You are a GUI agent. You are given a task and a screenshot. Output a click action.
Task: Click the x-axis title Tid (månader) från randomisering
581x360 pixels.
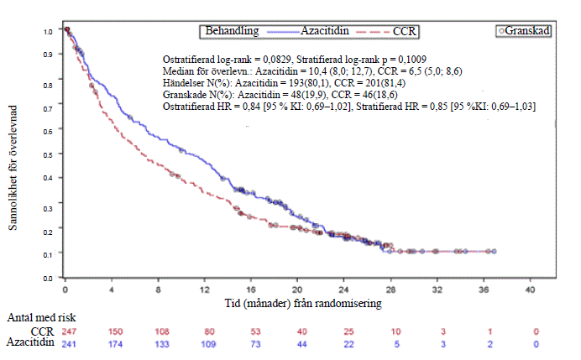coord(298,301)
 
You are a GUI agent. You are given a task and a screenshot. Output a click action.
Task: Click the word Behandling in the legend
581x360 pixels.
coord(233,31)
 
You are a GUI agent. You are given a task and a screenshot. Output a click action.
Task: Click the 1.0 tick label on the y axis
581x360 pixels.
coord(48,31)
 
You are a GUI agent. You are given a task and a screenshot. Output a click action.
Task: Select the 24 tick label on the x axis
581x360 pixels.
coord(344,290)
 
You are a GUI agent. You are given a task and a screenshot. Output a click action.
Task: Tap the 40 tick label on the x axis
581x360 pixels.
coord(530,290)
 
